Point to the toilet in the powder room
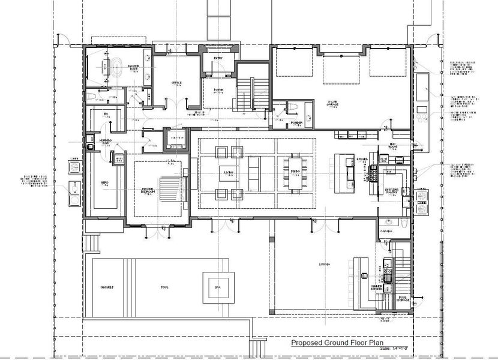tap(292, 108)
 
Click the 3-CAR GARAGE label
tap(335, 103)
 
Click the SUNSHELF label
tap(107, 287)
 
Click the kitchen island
tap(344, 172)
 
